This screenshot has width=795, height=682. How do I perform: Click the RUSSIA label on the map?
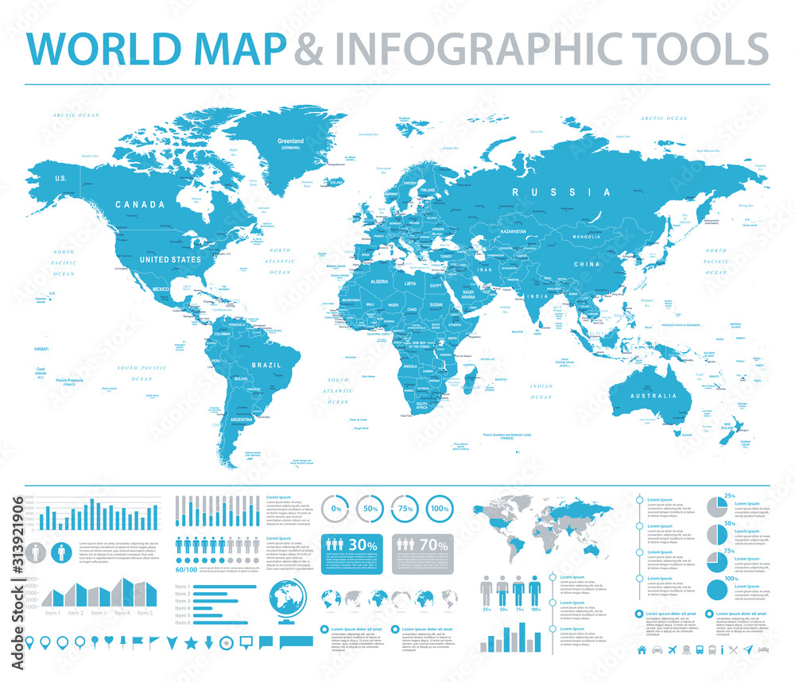pos(573,192)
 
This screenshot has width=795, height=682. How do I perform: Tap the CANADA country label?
pos(140,204)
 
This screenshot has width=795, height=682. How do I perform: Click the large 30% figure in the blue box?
pos(363,544)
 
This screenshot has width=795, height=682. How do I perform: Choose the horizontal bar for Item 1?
pos(227,587)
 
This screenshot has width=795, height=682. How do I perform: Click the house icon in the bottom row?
pos(642,650)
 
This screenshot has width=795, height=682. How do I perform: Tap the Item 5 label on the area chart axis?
pos(144,613)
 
